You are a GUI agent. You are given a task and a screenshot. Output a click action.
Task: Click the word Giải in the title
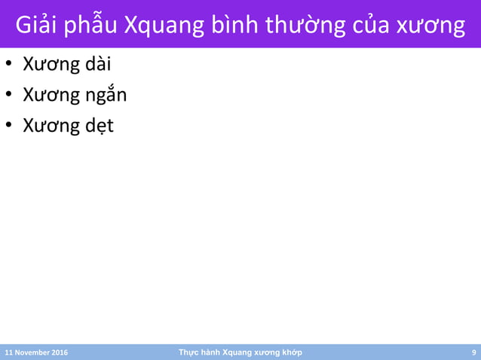click(36, 25)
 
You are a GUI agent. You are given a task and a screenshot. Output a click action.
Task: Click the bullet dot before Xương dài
click(9, 66)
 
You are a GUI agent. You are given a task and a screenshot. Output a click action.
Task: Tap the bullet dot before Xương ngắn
click(9, 96)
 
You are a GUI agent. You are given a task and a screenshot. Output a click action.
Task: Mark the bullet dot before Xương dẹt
click(9, 126)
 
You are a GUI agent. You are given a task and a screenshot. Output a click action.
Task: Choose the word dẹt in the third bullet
click(99, 125)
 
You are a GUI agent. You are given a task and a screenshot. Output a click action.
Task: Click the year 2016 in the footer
click(60, 352)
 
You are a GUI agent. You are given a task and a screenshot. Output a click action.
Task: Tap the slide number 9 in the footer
click(473, 352)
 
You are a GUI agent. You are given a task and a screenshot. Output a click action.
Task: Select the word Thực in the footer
click(187, 352)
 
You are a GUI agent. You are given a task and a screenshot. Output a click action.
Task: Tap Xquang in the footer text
click(240, 352)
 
